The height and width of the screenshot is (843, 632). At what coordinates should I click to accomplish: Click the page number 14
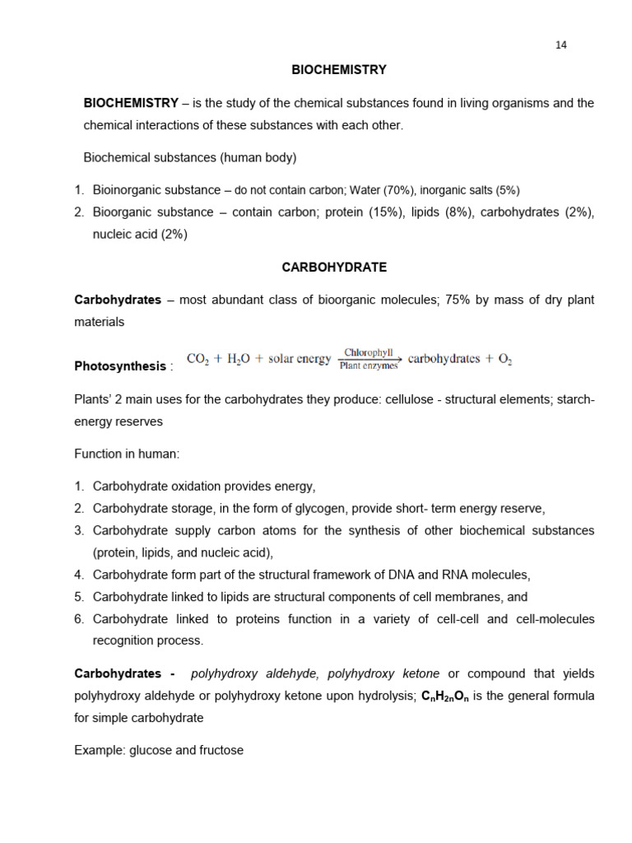pyautogui.click(x=561, y=45)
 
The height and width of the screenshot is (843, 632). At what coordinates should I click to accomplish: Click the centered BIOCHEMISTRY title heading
pyautogui.click(x=339, y=70)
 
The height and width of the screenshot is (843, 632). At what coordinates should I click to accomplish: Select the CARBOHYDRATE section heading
pyautogui.click(x=334, y=268)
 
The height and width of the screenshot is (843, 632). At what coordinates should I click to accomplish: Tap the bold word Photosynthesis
pyautogui.click(x=120, y=366)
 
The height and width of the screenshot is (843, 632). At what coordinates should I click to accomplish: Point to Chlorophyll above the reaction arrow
pyautogui.click(x=368, y=352)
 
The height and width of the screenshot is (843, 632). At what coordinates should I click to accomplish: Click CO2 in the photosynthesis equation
pyautogui.click(x=198, y=360)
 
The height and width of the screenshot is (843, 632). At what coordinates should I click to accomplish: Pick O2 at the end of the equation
pyautogui.click(x=504, y=360)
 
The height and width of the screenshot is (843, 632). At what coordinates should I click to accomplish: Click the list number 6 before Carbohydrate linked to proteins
pyautogui.click(x=78, y=618)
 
